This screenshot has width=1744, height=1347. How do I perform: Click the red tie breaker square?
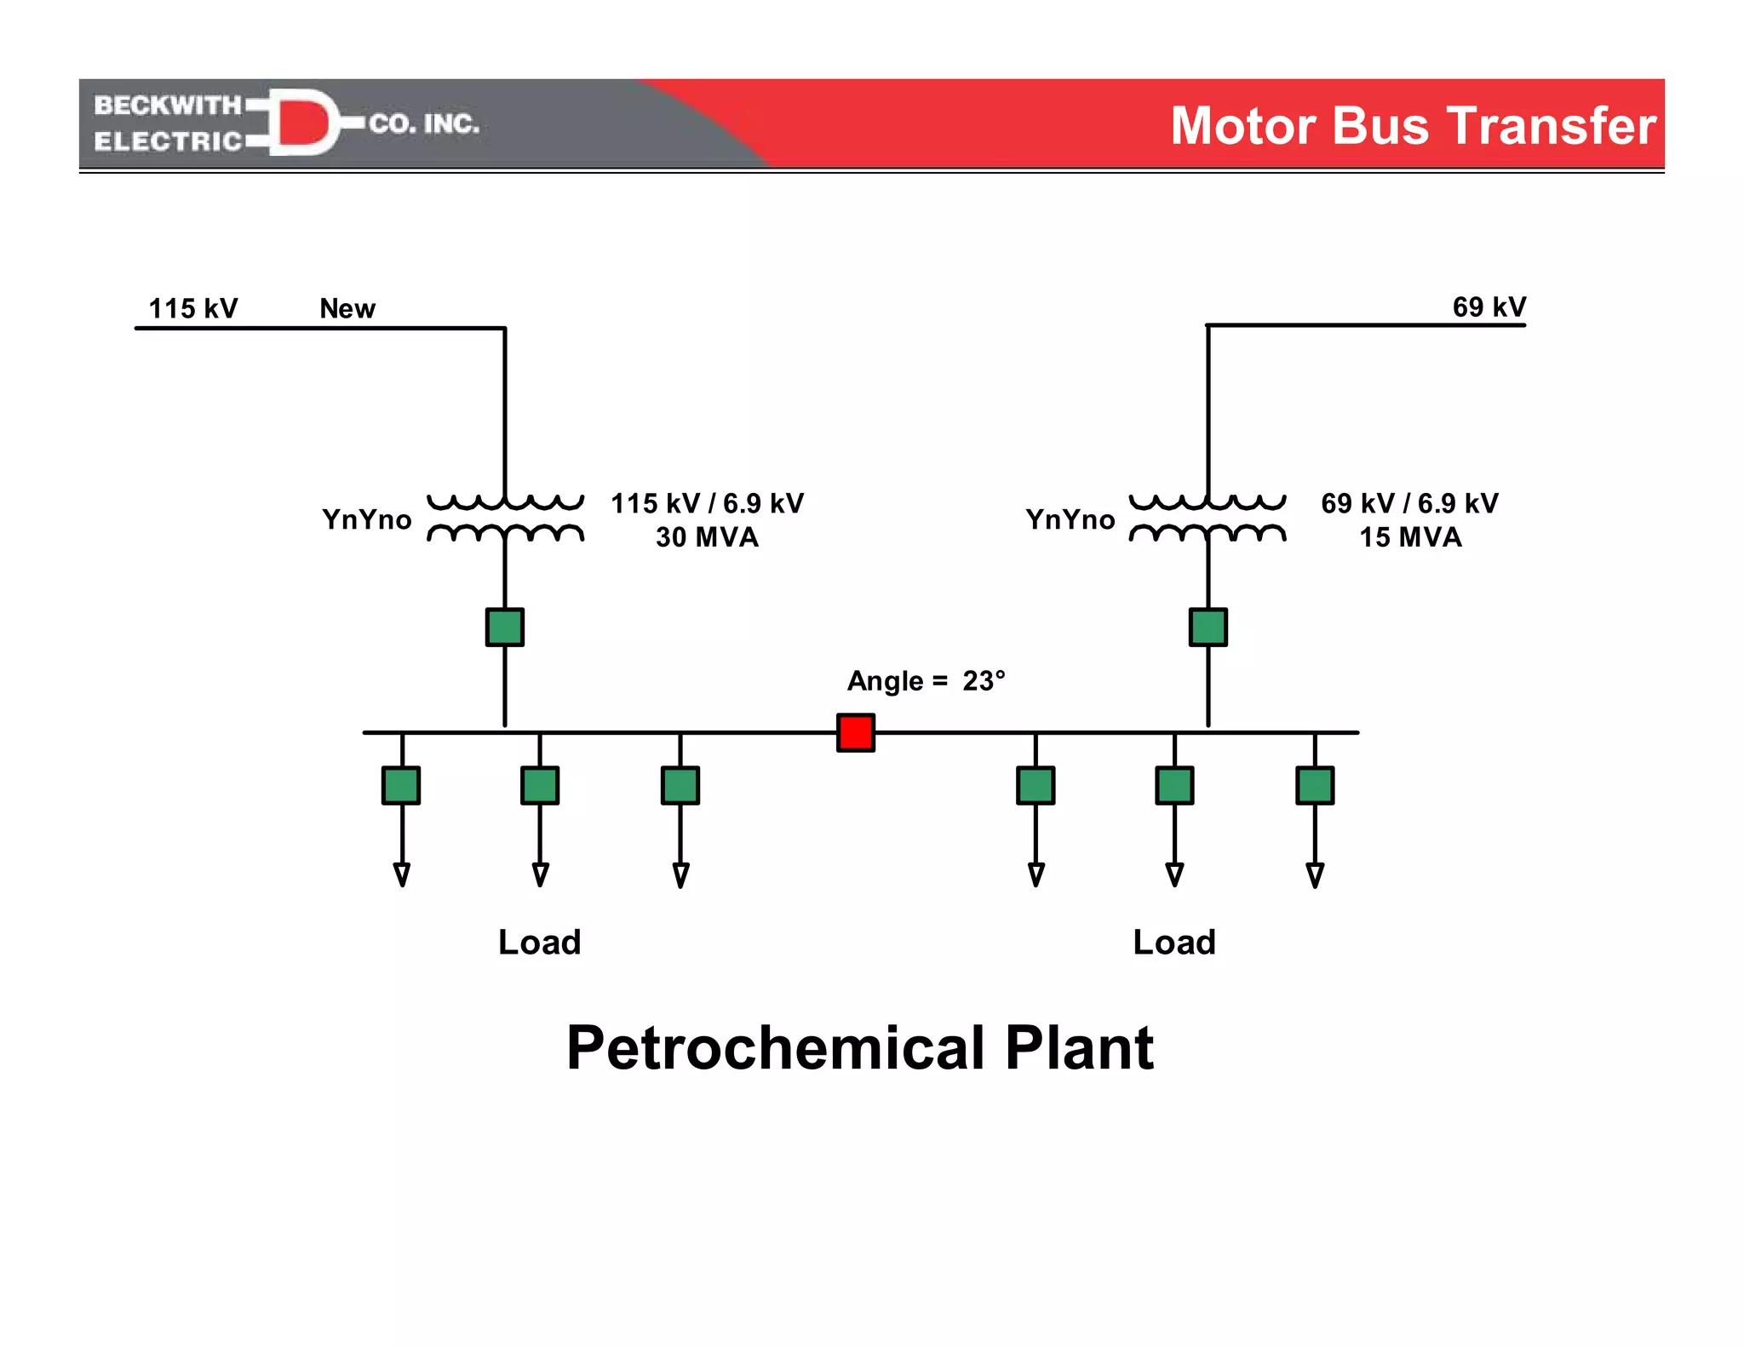pyautogui.click(x=855, y=732)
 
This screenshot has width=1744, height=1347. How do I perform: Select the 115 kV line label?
pyautogui.click(x=193, y=308)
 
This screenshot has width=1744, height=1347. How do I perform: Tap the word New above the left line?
pyautogui.click(x=347, y=308)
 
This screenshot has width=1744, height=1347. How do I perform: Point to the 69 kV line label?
pyautogui.click(x=1489, y=307)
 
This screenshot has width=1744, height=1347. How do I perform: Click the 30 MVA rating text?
pyautogui.click(x=707, y=537)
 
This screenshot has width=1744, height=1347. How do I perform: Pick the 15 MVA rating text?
pyautogui.click(x=1410, y=537)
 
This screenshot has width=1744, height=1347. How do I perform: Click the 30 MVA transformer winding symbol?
pyautogui.click(x=505, y=519)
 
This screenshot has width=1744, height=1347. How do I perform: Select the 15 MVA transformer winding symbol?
pyautogui.click(x=1208, y=519)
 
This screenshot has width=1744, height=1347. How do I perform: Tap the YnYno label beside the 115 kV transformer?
pyautogui.click(x=367, y=519)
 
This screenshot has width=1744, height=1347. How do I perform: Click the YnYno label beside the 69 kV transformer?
pyautogui.click(x=1070, y=519)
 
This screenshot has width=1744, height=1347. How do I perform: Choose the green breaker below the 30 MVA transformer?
pyautogui.click(x=505, y=628)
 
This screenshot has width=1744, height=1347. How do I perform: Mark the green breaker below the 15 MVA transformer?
pyautogui.click(x=1208, y=628)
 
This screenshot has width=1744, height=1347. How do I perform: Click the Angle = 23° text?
pyautogui.click(x=926, y=681)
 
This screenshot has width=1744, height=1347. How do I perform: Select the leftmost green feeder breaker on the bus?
pyautogui.click(x=401, y=785)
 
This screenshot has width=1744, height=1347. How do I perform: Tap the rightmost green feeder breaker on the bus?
pyautogui.click(x=1315, y=785)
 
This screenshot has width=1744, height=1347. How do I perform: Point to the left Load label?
pyautogui.click(x=539, y=943)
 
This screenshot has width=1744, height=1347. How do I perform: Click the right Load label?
pyautogui.click(x=1174, y=943)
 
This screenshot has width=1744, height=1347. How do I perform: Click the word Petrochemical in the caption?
pyautogui.click(x=775, y=1047)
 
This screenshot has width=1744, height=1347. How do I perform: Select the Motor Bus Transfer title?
pyautogui.click(x=1413, y=126)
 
